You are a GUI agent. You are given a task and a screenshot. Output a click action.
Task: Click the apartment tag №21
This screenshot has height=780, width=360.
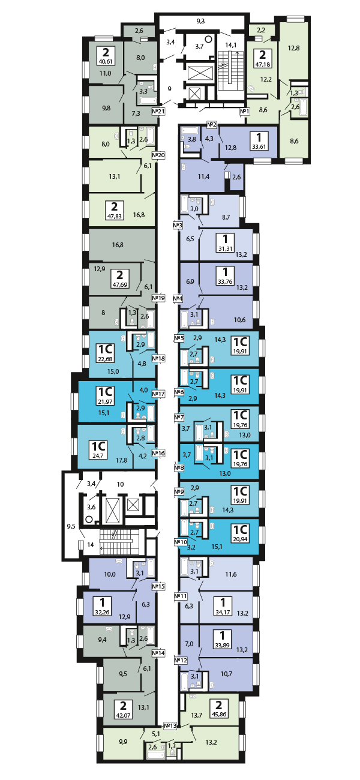(158, 111)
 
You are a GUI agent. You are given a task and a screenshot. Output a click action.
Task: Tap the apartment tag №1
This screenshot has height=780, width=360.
(244, 111)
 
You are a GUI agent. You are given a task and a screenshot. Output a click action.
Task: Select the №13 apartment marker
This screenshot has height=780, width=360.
(171, 725)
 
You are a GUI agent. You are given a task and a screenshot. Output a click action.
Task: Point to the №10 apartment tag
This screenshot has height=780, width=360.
(180, 542)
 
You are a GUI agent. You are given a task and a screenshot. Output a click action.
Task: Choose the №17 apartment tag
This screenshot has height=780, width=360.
(158, 394)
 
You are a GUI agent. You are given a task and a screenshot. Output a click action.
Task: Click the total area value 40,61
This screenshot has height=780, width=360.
(106, 60)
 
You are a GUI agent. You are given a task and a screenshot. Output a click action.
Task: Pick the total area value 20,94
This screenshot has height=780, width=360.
(241, 539)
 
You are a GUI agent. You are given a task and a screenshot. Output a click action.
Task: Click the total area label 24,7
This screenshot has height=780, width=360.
(97, 455)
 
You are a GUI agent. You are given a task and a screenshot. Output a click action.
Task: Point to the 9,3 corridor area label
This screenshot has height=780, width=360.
(200, 22)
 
